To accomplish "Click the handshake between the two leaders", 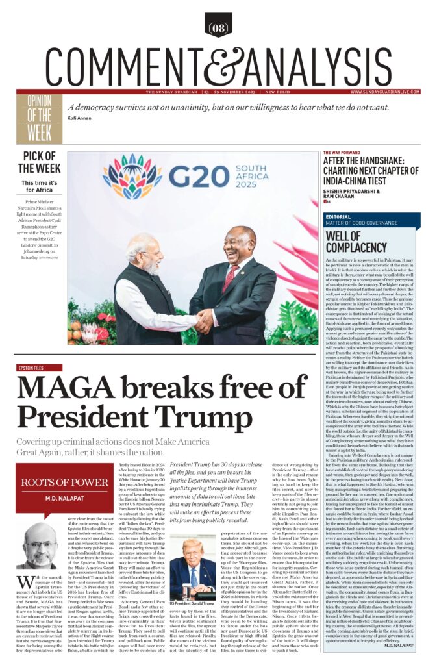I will click(x=206, y=319).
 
